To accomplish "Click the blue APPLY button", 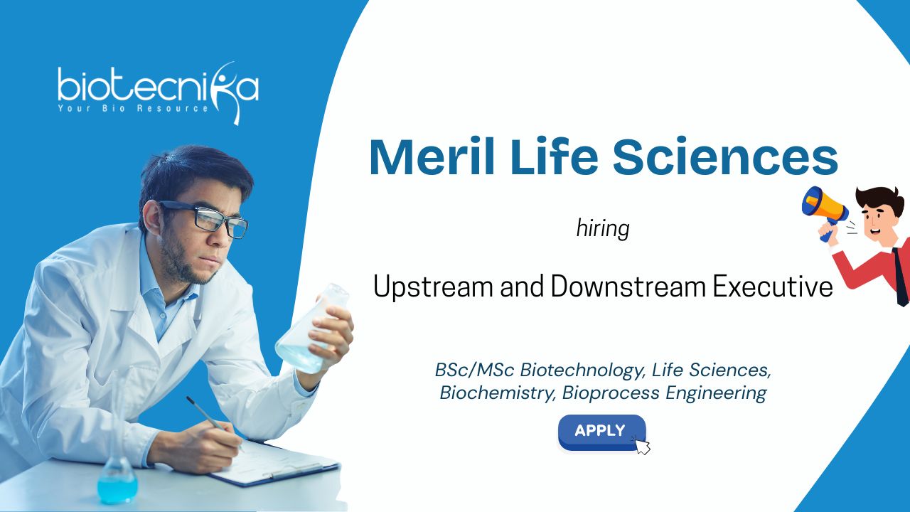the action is (601, 432).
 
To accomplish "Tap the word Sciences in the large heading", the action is (725, 157).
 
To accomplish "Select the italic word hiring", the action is (603, 228).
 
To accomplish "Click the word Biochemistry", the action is (498, 393).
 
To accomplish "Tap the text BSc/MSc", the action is (474, 369).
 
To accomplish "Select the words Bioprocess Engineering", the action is (664, 393).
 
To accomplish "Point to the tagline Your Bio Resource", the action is (133, 109).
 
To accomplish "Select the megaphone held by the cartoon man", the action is (825, 212).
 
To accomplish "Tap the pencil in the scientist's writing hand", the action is (215, 424).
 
